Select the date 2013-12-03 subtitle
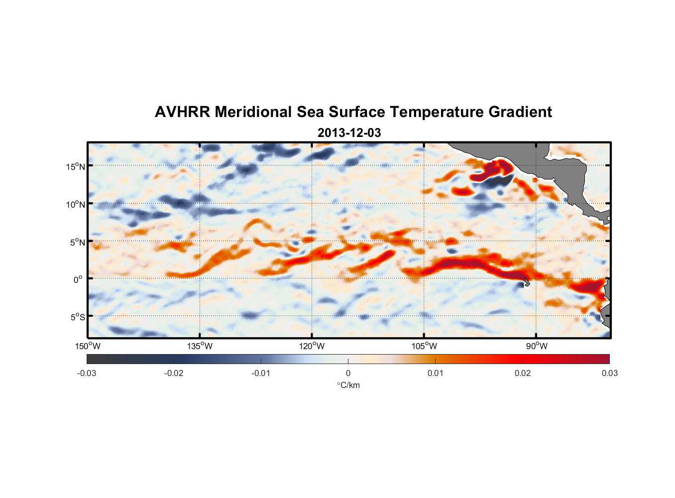349,133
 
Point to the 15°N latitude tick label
76,166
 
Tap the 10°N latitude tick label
76,204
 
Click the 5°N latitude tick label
77,242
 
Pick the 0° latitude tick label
78,279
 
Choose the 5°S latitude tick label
77,317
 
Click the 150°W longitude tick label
88,346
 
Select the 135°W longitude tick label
200,346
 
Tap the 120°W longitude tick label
312,346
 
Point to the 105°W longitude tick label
424,346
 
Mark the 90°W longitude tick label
536,346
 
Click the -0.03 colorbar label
87,373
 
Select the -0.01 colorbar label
261,373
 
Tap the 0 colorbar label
348,373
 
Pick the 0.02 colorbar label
523,373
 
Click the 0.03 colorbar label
609,373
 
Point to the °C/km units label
348,385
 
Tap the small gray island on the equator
526,282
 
